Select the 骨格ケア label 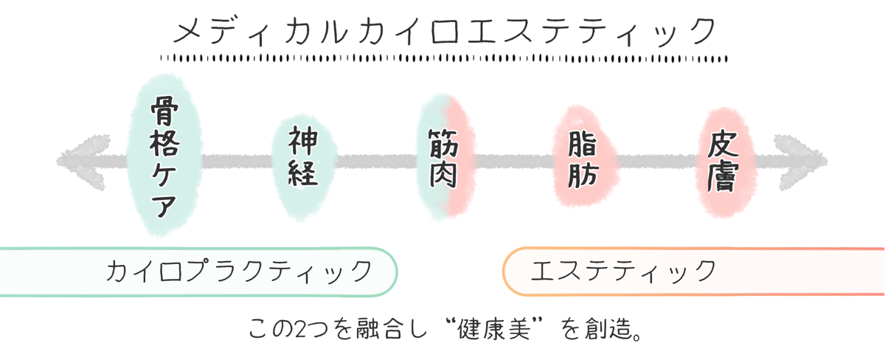[x=163, y=158]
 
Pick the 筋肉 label [x=443, y=158]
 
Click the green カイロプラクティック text [x=238, y=271]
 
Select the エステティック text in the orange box [x=623, y=271]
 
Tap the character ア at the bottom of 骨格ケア [x=163, y=204]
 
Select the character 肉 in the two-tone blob [x=443, y=175]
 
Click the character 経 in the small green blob [x=303, y=173]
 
